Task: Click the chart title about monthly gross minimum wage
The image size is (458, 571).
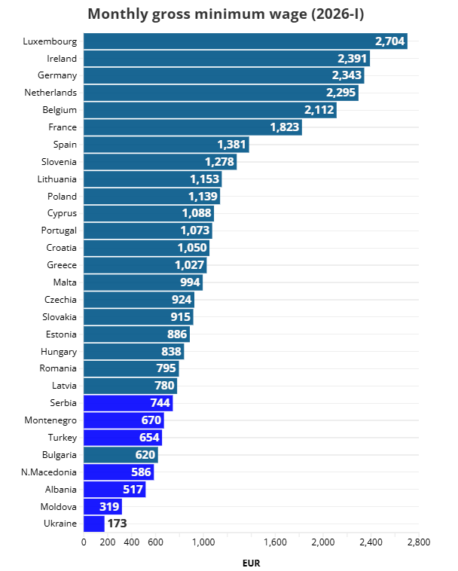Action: click(231, 14)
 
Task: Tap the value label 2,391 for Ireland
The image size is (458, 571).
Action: click(352, 58)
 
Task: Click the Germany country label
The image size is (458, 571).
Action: click(57, 75)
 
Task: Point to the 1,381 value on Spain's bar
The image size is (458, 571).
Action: click(231, 144)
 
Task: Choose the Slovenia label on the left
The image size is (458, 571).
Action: click(59, 161)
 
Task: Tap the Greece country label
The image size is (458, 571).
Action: click(62, 264)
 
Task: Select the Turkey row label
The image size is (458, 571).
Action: click(62, 437)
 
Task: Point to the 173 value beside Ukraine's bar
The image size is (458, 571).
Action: click(117, 523)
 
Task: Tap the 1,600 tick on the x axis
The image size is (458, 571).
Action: click(275, 542)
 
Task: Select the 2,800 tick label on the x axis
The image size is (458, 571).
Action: click(418, 542)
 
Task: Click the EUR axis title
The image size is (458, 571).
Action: click(251, 562)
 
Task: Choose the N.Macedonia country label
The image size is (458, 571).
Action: click(49, 472)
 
